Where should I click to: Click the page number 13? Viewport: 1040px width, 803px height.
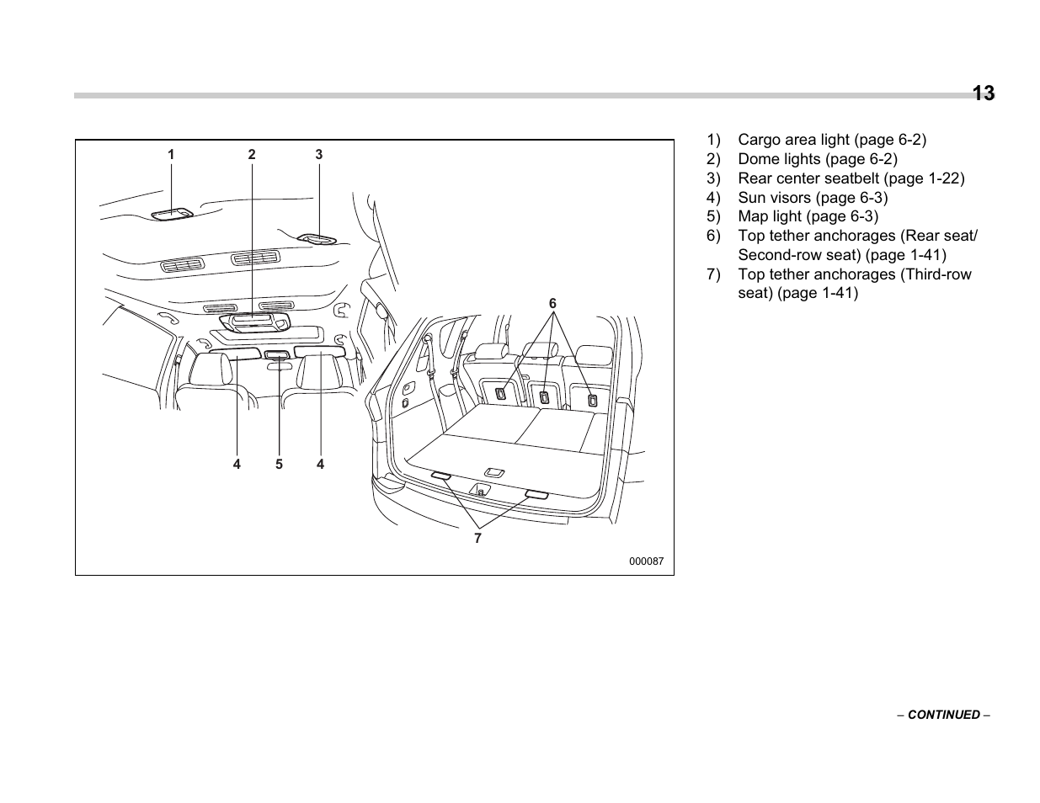coord(983,93)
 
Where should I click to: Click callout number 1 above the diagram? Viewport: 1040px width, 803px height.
coord(171,155)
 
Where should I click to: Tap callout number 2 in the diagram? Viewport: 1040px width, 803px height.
coord(251,155)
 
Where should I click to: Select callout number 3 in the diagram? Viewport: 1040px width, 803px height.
coord(319,155)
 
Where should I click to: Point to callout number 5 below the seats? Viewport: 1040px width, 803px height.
coord(279,464)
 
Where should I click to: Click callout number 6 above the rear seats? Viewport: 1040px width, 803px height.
coord(553,303)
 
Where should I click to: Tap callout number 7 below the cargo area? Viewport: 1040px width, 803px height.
coord(477,539)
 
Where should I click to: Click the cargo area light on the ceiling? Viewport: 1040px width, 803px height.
coord(173,214)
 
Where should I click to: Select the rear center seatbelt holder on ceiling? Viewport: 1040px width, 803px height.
coord(317,240)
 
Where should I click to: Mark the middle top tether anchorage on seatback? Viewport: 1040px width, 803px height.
coord(544,396)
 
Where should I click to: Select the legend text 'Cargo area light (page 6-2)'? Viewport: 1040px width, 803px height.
coord(831,140)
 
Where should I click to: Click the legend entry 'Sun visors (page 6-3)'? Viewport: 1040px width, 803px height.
coord(812,198)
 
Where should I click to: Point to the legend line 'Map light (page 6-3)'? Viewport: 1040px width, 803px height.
coord(808,216)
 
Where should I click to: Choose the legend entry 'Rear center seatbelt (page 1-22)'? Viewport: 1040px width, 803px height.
coord(851,178)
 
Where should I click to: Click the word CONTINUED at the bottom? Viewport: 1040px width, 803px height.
coord(943,715)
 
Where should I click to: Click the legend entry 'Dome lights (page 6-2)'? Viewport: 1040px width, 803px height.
coord(817,159)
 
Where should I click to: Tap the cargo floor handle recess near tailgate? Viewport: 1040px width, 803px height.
coord(494,472)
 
